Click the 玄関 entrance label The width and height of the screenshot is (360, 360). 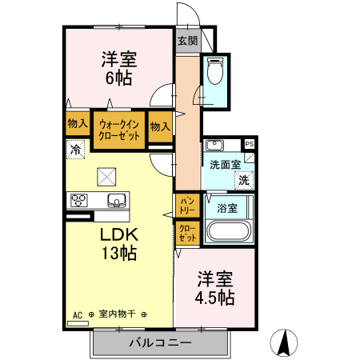186,40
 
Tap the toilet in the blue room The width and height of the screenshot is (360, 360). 214,73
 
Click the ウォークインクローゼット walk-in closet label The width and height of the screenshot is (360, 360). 119,130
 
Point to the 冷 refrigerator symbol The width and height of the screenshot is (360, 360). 75,149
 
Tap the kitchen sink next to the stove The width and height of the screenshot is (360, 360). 115,201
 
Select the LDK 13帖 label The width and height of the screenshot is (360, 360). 118,245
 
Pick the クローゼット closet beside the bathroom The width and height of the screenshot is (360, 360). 187,234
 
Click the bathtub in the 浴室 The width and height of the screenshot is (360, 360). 230,233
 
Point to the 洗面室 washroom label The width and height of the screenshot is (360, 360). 225,165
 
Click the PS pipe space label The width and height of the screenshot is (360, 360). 250,144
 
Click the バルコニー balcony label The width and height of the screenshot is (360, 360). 160,342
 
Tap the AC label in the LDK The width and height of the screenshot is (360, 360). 78,314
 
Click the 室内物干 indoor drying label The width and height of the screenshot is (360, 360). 118,314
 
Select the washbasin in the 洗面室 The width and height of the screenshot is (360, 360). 214,146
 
